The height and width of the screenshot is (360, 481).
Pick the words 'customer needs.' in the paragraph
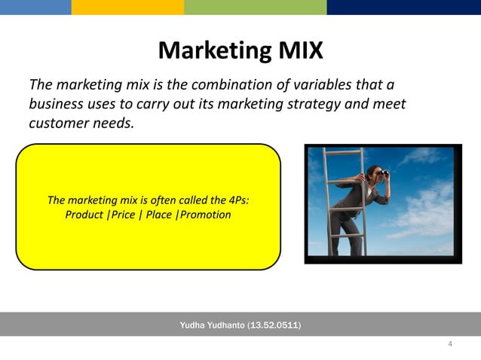[x=81, y=123]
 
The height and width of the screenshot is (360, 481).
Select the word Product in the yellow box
[x=84, y=215]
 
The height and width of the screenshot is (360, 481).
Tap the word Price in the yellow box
[x=123, y=215]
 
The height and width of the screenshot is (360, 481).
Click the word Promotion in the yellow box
[x=204, y=215]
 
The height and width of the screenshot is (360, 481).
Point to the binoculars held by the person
[x=384, y=173]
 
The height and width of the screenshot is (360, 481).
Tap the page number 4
[x=450, y=344]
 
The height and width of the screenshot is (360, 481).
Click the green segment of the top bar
[x=255, y=7]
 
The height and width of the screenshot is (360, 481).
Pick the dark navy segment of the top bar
[x=403, y=7]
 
